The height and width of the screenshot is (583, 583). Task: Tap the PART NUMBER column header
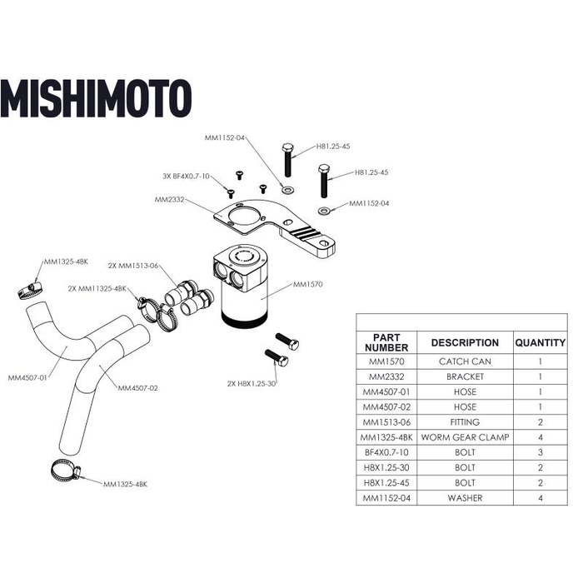(x=387, y=341)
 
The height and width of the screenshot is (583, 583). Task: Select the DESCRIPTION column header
(x=464, y=342)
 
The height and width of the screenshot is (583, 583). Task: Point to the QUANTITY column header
(x=540, y=342)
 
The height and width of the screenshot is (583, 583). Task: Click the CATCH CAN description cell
(x=464, y=362)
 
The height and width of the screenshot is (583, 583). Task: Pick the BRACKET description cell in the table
(x=464, y=377)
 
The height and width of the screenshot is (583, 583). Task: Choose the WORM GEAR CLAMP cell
(x=464, y=437)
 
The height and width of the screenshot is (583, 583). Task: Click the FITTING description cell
(x=464, y=422)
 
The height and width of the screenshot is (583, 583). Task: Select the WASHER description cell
(x=464, y=498)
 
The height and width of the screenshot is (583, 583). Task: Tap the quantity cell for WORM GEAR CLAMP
(x=540, y=437)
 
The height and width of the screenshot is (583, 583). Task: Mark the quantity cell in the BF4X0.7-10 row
(x=540, y=452)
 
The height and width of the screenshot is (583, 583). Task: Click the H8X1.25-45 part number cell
(x=387, y=483)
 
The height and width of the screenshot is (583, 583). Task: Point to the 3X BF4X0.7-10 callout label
(x=186, y=177)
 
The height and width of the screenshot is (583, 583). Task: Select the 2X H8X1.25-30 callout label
(x=251, y=384)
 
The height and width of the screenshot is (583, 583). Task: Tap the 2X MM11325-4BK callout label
(x=97, y=288)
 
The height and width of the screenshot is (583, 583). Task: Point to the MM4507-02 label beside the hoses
(x=137, y=388)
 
